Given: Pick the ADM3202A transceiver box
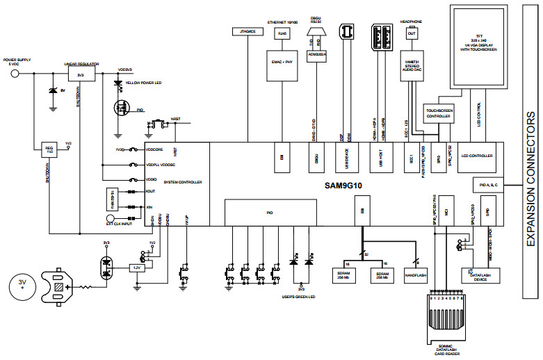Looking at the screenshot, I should pos(317,54).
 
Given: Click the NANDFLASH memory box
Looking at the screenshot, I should pos(415,274).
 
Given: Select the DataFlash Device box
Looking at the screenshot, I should pos(478,276).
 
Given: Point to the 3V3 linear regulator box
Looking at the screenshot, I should pos(81,74).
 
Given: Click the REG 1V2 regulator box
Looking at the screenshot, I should pos(49,149).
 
